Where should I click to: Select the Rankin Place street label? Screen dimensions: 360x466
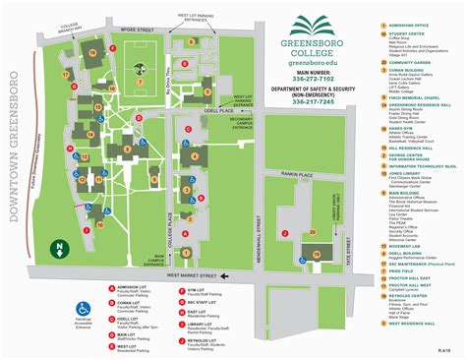[292, 148]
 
